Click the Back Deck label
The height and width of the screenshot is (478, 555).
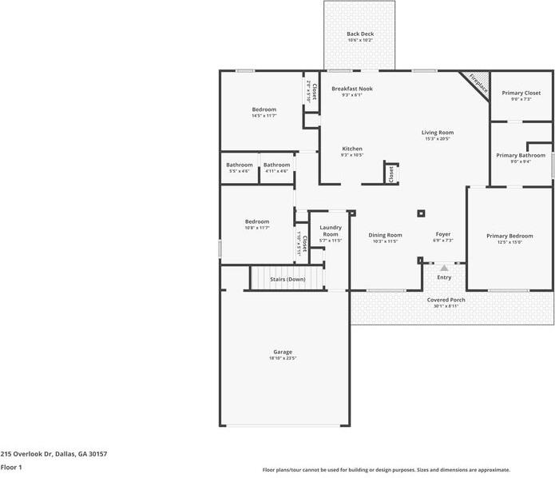point(359,34)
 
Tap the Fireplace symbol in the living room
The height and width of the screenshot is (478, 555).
point(477,83)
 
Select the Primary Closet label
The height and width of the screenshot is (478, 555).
point(521,93)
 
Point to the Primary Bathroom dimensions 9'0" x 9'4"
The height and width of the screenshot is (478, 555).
point(521,162)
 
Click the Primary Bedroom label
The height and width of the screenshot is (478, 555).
point(509,236)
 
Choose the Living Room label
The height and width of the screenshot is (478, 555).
point(438,132)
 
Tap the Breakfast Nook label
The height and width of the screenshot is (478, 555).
point(352,88)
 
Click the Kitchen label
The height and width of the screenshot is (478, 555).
point(352,149)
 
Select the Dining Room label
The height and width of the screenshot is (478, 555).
point(385,235)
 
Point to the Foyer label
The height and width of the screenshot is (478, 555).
point(443,234)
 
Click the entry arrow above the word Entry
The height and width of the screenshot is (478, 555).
point(444,269)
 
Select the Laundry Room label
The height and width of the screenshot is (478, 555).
point(331,230)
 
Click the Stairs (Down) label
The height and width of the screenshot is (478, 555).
point(287,279)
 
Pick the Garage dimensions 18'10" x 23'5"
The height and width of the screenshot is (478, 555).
point(283,358)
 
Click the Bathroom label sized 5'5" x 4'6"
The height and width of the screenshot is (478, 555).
point(239,165)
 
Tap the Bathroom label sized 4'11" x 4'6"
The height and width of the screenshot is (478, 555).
point(276,165)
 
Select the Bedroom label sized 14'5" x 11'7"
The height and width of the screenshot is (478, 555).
point(264,110)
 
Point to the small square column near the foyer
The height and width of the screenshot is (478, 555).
point(421,213)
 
